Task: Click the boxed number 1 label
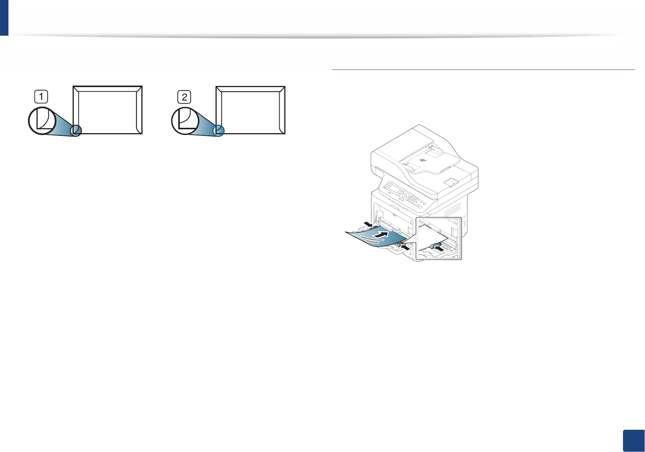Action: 41,96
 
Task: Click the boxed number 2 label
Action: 184,97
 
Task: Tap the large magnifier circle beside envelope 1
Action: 42,121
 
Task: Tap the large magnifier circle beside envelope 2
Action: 185,121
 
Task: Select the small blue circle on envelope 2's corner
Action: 219,130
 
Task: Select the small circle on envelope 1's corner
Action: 76,130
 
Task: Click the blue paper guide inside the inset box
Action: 435,245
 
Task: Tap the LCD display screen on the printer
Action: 395,189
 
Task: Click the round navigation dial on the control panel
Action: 405,196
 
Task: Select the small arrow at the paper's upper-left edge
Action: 368,224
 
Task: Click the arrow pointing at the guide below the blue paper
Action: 405,247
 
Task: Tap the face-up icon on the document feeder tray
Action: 423,160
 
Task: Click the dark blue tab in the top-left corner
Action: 4,18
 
